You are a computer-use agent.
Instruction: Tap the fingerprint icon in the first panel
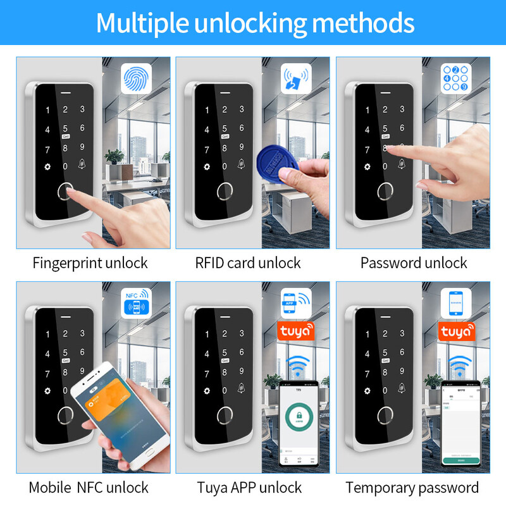[x=136, y=80]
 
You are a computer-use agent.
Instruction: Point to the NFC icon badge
[x=136, y=300]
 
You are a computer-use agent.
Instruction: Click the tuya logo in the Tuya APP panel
[x=296, y=331]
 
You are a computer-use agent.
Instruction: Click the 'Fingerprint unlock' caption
[x=90, y=262]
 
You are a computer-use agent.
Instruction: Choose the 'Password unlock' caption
[x=414, y=262]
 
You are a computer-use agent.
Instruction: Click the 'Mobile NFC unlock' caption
[x=89, y=487]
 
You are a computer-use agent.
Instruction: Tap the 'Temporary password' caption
[x=412, y=487]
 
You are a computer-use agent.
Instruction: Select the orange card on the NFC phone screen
[x=110, y=403]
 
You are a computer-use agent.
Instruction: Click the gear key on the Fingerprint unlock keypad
[x=47, y=167]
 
